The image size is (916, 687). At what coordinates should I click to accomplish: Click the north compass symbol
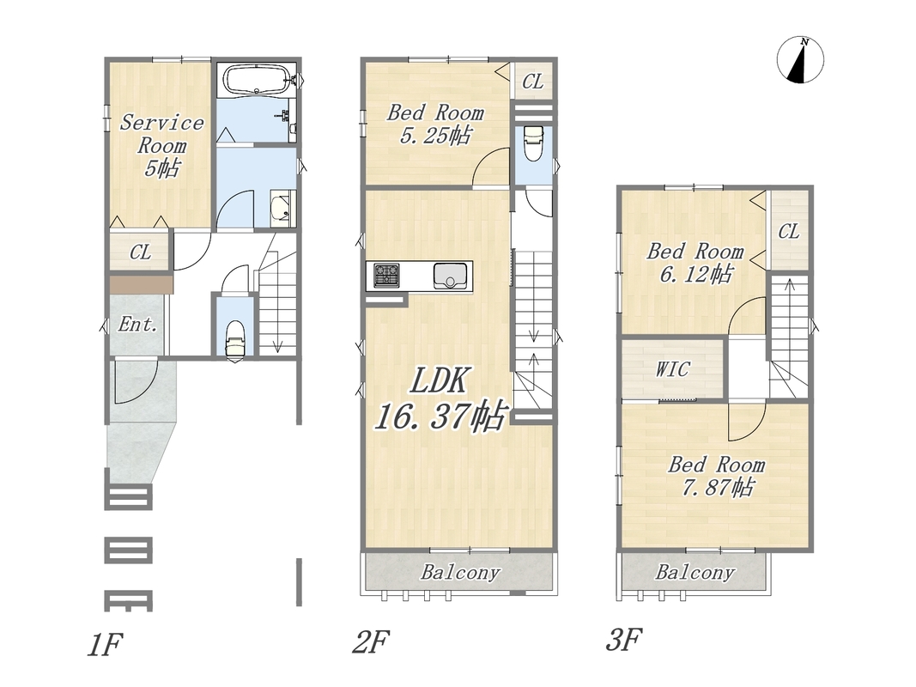pos(800,59)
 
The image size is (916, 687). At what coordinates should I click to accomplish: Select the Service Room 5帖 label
pos(161,145)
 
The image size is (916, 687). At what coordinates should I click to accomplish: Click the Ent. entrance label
pos(138,325)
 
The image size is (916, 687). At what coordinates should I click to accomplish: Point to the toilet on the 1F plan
pos(235,337)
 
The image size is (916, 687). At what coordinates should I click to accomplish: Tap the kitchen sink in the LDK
pos(450,276)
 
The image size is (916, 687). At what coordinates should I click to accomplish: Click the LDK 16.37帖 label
pos(439,399)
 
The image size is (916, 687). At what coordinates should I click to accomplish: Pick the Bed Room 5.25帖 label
pos(435,124)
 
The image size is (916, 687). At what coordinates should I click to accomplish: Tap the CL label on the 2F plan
pos(532,82)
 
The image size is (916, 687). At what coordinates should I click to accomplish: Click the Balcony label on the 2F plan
pos(460,572)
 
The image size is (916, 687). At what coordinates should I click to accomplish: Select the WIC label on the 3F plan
pos(672,369)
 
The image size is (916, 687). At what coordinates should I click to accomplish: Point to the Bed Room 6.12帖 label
pos(695,262)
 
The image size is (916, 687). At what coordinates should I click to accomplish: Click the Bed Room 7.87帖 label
pos(717,476)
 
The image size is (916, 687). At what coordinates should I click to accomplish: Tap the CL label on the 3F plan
pos(789,232)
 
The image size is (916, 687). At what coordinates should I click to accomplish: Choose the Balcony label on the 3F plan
pos(695,572)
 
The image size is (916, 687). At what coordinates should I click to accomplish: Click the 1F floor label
pos(105,644)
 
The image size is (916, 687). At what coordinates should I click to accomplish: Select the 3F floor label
pos(623,639)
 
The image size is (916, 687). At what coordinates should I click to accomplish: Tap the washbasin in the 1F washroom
pos(282,208)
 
